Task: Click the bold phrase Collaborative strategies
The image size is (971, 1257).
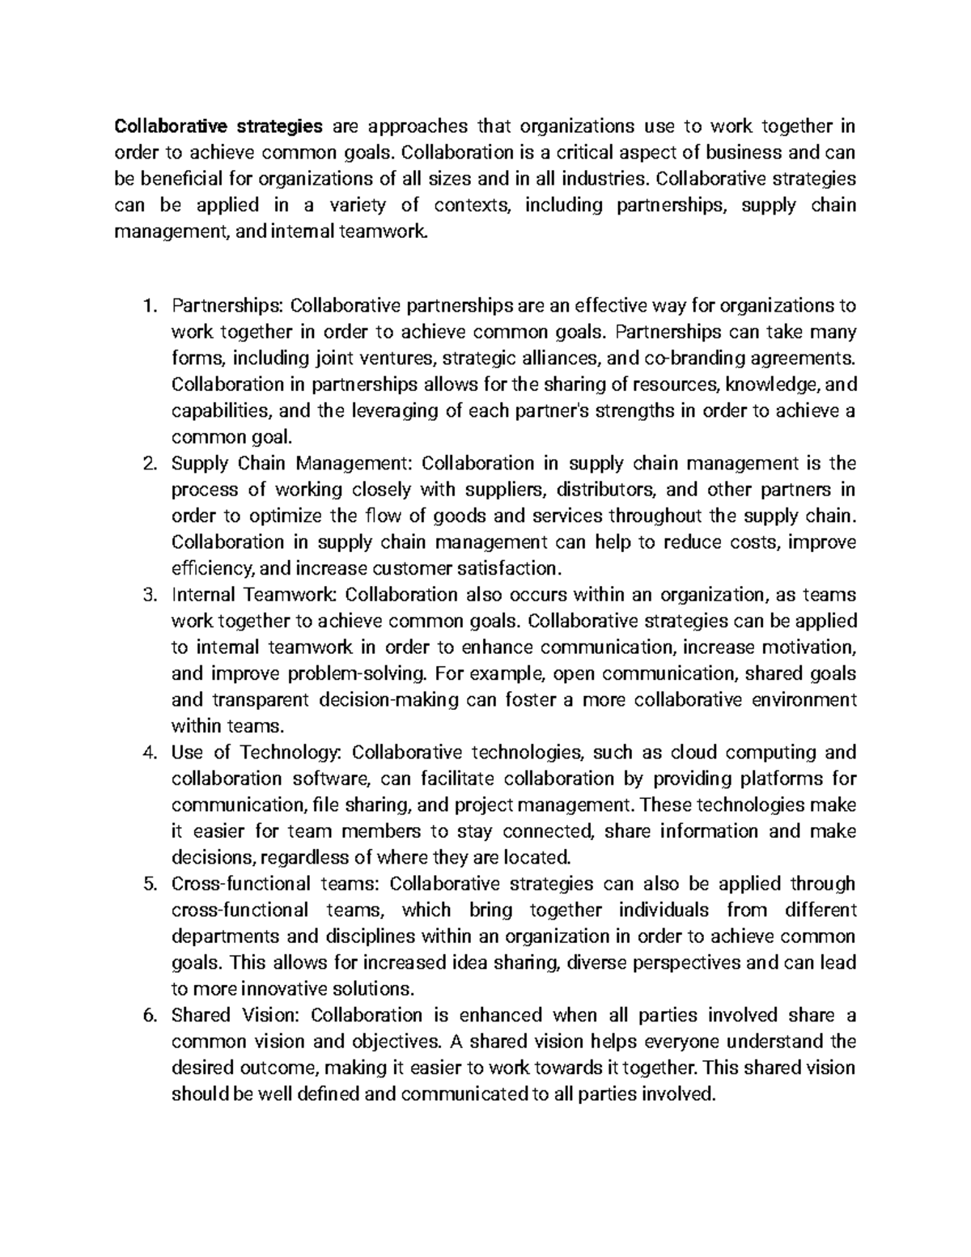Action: (218, 126)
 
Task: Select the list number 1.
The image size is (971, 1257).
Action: (147, 306)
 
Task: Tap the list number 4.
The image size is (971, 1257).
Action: (147, 753)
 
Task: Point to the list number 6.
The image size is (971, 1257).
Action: (147, 1015)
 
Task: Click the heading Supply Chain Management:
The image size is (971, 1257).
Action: (292, 464)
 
